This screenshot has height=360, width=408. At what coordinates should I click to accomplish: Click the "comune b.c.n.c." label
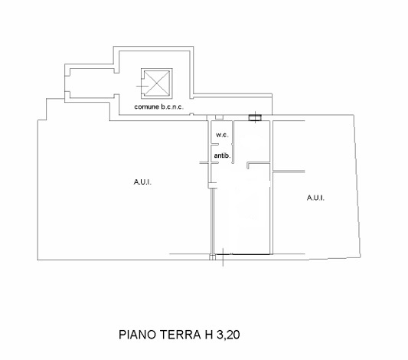[x=158, y=106]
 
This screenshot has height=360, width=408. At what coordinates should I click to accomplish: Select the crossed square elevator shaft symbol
[x=157, y=83]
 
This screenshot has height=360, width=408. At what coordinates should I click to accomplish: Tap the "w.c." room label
[x=222, y=135]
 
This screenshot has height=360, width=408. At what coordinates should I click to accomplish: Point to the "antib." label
[x=222, y=155]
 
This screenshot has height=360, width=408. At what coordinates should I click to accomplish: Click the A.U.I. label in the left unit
[x=142, y=182]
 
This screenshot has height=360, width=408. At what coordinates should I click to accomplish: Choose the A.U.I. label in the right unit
[x=315, y=198]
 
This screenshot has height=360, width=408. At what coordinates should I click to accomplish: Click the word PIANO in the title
[x=137, y=335]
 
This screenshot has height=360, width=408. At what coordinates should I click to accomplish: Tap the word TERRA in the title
[x=180, y=335]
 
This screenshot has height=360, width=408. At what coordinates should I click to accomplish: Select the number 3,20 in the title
[x=228, y=335]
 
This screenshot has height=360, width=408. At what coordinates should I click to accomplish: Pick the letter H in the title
[x=209, y=335]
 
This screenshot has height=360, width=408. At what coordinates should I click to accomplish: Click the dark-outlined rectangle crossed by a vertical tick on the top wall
[x=255, y=118]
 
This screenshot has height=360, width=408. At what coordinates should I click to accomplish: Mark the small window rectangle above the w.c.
[x=220, y=117]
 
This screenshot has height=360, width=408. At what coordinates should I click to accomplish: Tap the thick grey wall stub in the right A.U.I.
[x=289, y=172]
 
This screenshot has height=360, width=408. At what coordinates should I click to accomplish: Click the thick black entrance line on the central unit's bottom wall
[x=243, y=254]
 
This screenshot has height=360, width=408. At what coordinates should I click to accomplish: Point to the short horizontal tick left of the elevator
[x=142, y=86]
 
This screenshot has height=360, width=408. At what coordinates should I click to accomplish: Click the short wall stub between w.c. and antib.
[x=214, y=145]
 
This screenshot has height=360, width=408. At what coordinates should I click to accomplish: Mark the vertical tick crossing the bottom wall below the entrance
[x=223, y=257]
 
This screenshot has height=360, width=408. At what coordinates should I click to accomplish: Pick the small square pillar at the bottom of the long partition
[x=213, y=257]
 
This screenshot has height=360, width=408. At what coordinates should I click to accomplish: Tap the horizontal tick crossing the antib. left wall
[x=209, y=163]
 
